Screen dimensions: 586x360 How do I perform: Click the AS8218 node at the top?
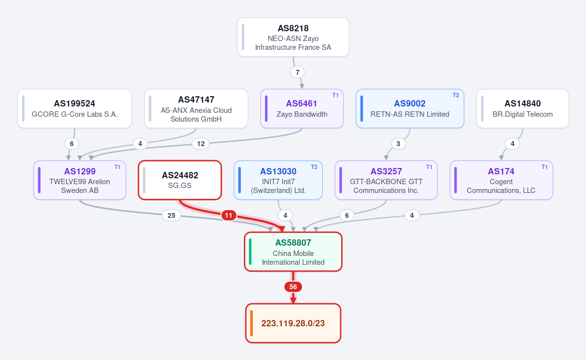point(293,37)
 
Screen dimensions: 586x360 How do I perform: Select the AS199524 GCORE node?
point(75,108)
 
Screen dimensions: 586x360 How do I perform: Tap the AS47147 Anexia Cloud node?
point(196,108)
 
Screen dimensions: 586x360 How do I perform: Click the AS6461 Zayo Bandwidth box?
point(302,108)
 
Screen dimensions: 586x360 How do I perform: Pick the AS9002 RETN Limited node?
point(410,108)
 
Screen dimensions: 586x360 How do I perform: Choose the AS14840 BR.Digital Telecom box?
point(522,108)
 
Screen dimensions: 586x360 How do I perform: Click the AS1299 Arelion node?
point(80,180)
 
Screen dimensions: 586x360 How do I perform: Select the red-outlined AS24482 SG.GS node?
point(180,180)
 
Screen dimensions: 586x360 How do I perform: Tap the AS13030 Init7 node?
point(278,180)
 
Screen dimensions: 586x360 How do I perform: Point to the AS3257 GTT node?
point(386,180)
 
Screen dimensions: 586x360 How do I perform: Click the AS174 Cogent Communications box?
point(501,180)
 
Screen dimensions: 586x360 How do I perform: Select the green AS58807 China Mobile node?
point(293,252)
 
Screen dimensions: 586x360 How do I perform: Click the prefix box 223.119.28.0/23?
point(293,323)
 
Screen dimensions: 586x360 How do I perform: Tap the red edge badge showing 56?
point(293,287)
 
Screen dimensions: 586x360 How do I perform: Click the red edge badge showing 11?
point(228,215)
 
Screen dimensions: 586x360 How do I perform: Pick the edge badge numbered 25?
point(171,215)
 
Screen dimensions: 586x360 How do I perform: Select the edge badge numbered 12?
point(201,144)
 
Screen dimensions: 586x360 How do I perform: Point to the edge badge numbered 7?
point(298,72)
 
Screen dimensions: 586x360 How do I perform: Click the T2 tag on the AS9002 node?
point(456,95)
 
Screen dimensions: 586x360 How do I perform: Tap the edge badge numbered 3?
point(398,144)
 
